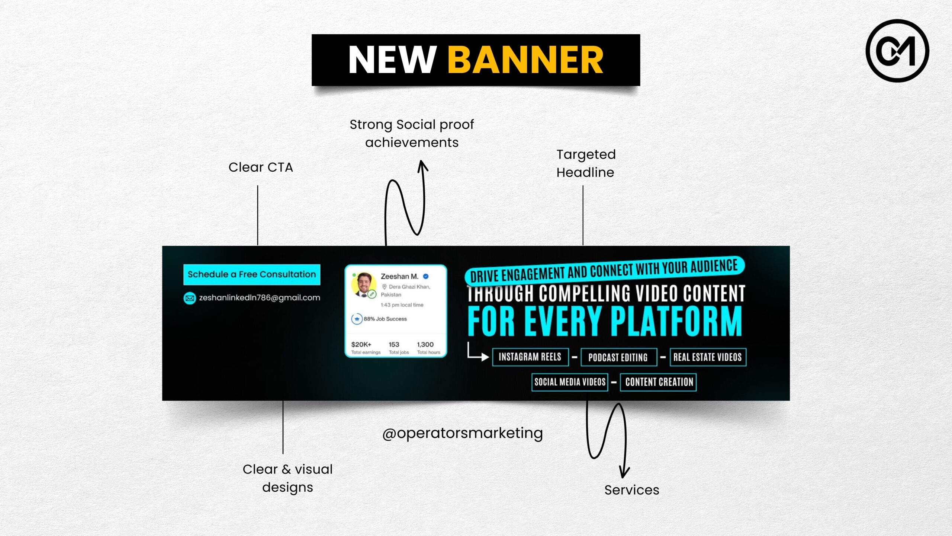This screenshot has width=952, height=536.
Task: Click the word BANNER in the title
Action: point(525,60)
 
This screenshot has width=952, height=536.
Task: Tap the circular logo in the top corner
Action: point(897,51)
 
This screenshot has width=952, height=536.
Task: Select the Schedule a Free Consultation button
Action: point(252,274)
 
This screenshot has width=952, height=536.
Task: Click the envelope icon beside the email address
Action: point(190,298)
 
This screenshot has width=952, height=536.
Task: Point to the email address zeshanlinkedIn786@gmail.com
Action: point(260,298)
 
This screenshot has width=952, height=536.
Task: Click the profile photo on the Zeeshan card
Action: point(363,284)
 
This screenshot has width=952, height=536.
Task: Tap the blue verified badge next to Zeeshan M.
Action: point(426,276)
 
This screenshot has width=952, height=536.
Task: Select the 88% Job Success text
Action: point(385,319)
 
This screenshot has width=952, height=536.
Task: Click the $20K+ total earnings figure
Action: point(361,344)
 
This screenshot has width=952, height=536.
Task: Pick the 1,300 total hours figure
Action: point(425,344)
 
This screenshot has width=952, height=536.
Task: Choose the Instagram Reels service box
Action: point(530,357)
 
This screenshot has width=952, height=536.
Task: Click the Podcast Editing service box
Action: point(618,357)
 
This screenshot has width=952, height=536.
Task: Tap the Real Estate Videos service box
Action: point(708,357)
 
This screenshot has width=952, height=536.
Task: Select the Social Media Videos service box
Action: point(570,382)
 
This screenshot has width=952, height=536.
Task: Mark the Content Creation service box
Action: point(658,382)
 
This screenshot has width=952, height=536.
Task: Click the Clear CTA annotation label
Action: point(261,167)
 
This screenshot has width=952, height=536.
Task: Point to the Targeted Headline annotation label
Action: point(586,163)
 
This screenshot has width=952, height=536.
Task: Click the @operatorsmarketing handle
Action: point(463,433)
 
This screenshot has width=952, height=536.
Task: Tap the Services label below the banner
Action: point(631,490)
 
